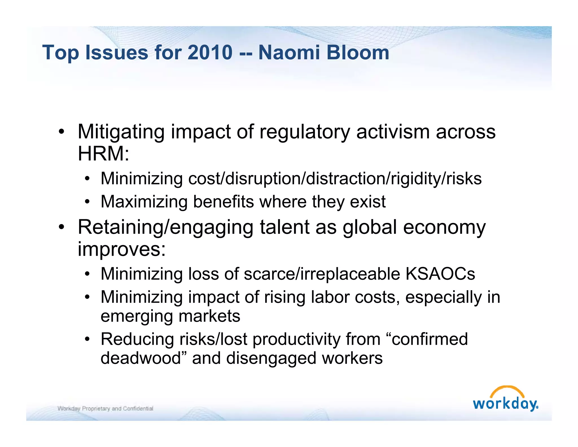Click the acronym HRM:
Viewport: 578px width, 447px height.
[x=103, y=154]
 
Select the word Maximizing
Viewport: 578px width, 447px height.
[x=144, y=202]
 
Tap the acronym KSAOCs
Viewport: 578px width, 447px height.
[x=440, y=274]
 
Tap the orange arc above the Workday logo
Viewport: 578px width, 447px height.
[x=507, y=390]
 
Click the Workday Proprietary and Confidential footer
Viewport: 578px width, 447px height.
[x=105, y=409]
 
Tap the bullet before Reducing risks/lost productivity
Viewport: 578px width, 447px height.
[x=87, y=339]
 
